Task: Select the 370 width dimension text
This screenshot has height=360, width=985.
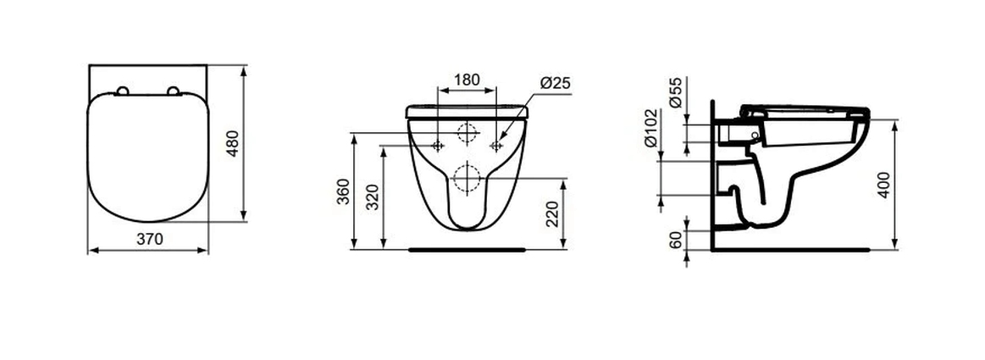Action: tap(149, 240)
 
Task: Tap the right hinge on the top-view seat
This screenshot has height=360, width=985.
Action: tap(175, 91)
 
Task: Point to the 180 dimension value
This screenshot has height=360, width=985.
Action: tap(467, 80)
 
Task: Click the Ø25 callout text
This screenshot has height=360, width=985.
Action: tap(554, 82)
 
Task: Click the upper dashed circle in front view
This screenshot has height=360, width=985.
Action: tap(467, 132)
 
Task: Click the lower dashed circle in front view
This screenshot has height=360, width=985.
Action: tap(466, 178)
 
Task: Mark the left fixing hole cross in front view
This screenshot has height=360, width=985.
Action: tap(437, 146)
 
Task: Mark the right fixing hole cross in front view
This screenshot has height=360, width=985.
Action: tap(495, 146)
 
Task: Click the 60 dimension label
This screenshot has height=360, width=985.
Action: tap(677, 241)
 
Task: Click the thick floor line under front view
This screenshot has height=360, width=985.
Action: tap(467, 250)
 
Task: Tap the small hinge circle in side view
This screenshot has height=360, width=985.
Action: tap(754, 136)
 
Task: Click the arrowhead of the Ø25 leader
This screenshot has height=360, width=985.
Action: tap(500, 141)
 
